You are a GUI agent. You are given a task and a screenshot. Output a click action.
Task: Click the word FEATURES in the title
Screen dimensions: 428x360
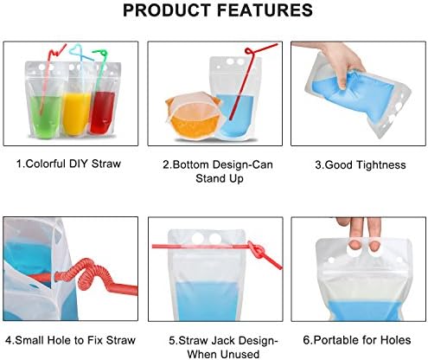265,10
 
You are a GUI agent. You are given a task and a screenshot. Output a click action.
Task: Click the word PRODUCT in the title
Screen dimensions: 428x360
167,10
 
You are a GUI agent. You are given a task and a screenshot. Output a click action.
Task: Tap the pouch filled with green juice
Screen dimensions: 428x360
43,100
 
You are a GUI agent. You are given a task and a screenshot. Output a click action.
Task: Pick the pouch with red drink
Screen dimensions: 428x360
105,100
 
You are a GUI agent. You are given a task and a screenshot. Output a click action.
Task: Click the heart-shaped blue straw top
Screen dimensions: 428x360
80,53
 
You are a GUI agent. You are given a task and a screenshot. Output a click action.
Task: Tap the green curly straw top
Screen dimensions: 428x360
100,54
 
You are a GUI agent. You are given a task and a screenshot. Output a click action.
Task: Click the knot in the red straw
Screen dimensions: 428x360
256,250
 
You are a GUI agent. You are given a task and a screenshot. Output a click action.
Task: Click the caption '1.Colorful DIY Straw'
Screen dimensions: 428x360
68,164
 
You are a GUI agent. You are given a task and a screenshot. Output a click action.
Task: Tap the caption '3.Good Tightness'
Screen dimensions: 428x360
361,165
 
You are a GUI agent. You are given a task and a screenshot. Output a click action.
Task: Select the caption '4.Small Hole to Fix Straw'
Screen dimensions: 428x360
70,340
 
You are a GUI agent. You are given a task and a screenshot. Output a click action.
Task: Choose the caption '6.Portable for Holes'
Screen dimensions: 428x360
357,340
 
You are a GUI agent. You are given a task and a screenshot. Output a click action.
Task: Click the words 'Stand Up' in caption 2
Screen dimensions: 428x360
220,178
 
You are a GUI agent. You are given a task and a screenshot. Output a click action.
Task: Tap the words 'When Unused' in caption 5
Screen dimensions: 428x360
223,354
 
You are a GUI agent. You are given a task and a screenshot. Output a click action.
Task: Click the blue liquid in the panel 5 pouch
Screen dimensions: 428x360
207,301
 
